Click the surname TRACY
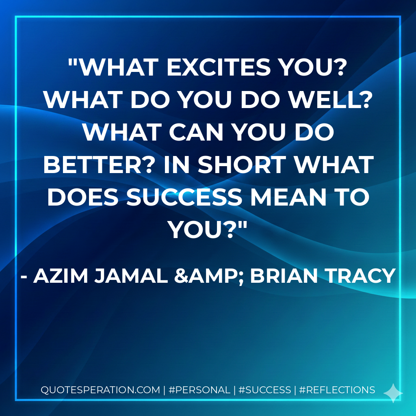pyautogui.click(x=362, y=276)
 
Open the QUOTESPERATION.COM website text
pyautogui.click(x=100, y=390)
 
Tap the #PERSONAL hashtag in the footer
pyautogui.click(x=199, y=390)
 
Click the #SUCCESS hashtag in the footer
pyautogui.click(x=264, y=390)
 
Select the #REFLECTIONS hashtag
pyautogui.click(x=337, y=390)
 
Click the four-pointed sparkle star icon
pyautogui.click(x=393, y=393)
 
